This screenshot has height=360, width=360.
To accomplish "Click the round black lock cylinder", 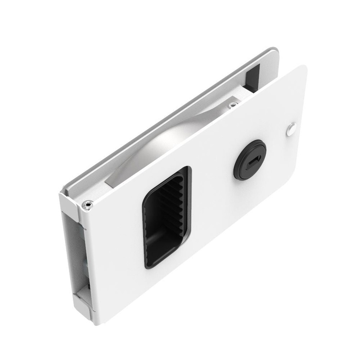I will pos(250,160).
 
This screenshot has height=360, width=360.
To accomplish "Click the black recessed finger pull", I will pos(167,216).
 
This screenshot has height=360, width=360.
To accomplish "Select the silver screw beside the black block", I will pos(232,105).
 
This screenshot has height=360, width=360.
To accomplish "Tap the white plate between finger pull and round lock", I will pos(211,189).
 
